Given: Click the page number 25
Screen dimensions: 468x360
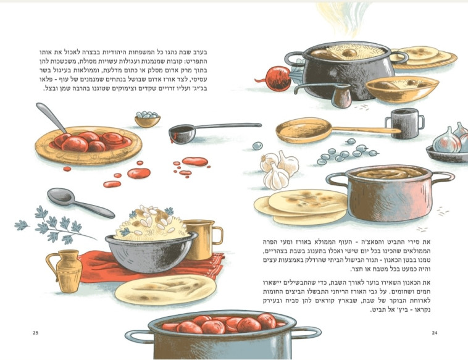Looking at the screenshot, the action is (x=36, y=333).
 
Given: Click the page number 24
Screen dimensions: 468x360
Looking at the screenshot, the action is (x=435, y=333).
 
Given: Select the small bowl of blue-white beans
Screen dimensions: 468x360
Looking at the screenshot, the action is (x=147, y=119).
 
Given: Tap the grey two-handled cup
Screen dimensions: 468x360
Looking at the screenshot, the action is (x=405, y=123).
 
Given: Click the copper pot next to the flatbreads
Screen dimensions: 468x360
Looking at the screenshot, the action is (x=390, y=193).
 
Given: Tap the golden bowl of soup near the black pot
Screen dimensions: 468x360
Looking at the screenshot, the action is (x=402, y=89).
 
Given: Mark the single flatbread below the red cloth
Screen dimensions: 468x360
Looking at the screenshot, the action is (x=165, y=290).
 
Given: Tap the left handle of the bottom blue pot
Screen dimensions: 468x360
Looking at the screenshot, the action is (x=138, y=337).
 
